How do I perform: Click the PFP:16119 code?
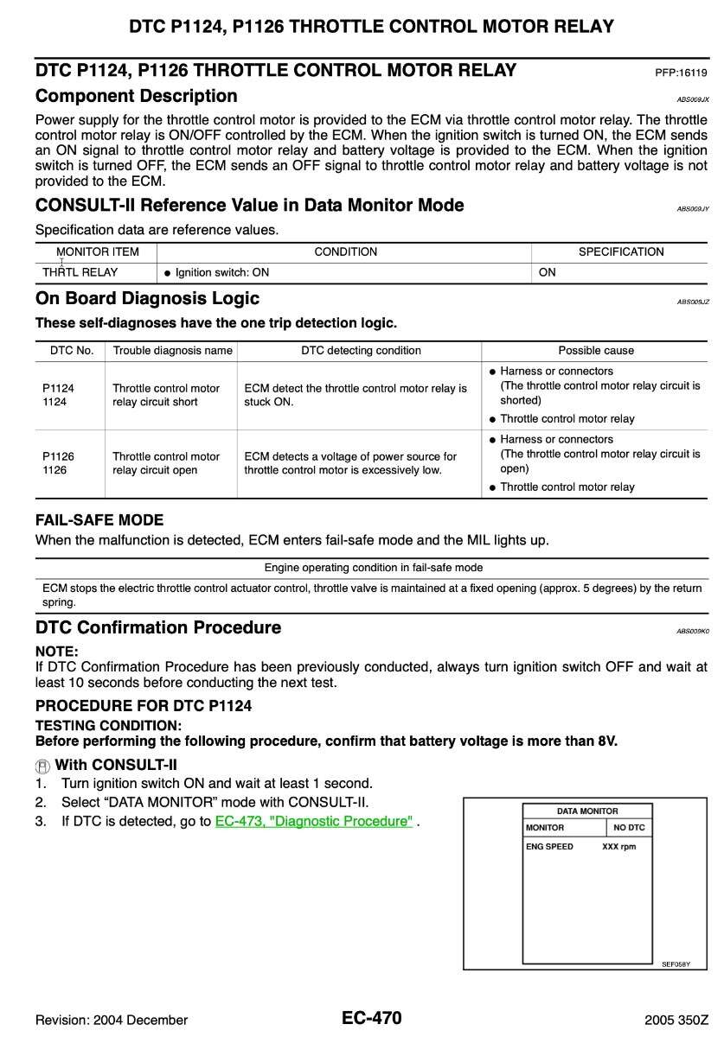pyautogui.click(x=682, y=73)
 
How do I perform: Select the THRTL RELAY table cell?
pyautogui.click(x=80, y=272)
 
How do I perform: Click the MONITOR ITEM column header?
pyautogui.click(x=95, y=252)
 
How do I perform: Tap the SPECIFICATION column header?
pyautogui.click(x=621, y=252)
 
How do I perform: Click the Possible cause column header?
pyautogui.click(x=596, y=351)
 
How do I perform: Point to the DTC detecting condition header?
pyautogui.click(x=361, y=351)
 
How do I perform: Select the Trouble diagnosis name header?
pyautogui.click(x=172, y=351)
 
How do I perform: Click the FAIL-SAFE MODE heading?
pyautogui.click(x=99, y=520)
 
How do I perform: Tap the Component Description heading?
pyautogui.click(x=136, y=96)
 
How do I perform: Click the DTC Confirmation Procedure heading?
pyautogui.click(x=157, y=627)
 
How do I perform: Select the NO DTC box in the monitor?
pyautogui.click(x=629, y=828)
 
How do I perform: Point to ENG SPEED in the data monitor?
pyautogui.click(x=549, y=847)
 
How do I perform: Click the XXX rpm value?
pyautogui.click(x=618, y=847)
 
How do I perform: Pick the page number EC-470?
pyautogui.click(x=371, y=1018)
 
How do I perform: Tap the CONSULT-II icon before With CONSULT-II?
pyautogui.click(x=43, y=766)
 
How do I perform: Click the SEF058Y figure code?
pyautogui.click(x=676, y=964)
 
